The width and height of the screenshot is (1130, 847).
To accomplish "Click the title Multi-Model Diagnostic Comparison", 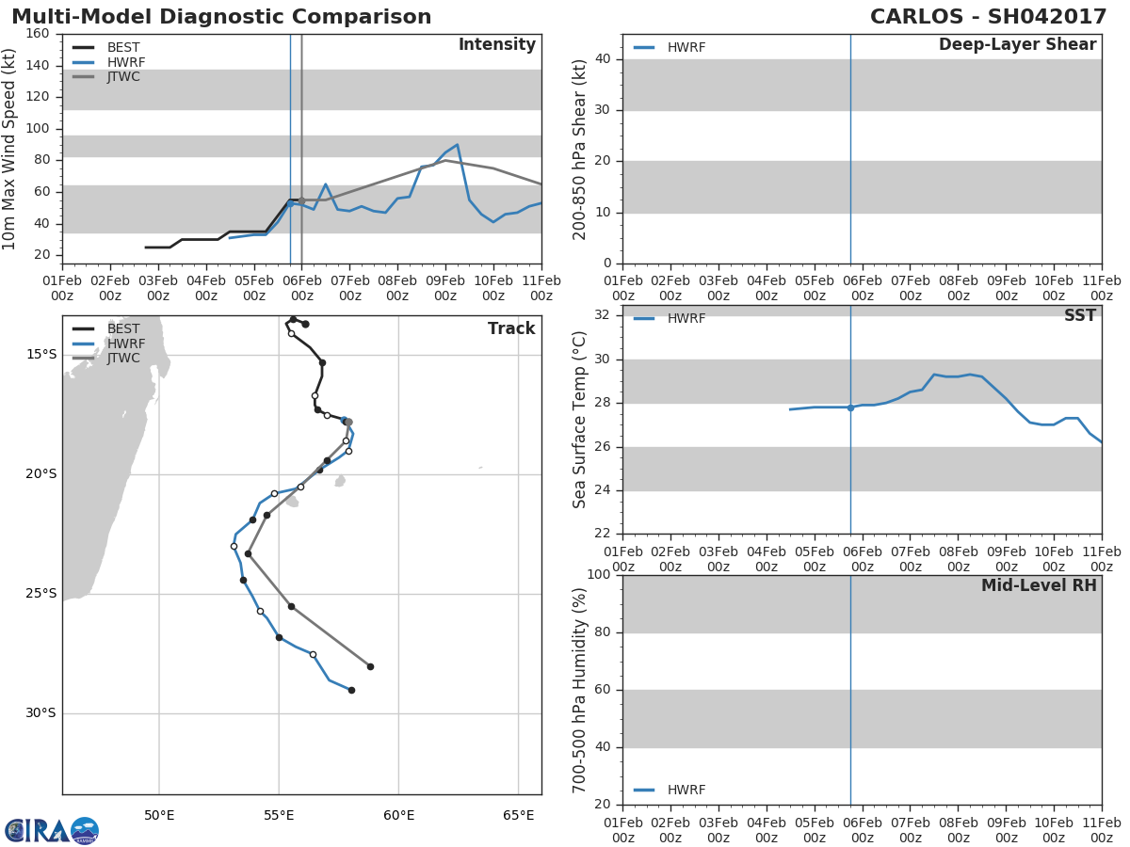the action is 221,17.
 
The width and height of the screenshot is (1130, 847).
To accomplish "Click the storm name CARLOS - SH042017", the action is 988,17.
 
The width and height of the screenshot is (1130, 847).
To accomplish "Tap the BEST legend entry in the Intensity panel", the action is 106,47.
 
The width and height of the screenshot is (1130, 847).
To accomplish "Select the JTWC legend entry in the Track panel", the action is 106,358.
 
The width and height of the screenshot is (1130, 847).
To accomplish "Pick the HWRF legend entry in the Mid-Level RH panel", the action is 670,790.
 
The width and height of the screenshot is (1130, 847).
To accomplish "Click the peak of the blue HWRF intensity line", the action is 457,145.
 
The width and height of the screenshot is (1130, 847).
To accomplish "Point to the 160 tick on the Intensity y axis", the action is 38,34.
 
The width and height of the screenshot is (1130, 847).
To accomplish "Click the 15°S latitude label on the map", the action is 41,355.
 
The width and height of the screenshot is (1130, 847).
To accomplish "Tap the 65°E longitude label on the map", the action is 519,816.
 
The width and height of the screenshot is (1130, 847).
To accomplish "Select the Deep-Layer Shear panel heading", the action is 1017,45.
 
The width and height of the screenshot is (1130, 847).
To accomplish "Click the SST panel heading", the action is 1080,315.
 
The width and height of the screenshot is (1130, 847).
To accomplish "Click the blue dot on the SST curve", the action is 850,408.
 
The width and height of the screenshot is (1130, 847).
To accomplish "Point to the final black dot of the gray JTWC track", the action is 370,667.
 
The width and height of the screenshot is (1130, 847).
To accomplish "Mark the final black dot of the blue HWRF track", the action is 351,690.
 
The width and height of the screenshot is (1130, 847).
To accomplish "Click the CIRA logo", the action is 52,830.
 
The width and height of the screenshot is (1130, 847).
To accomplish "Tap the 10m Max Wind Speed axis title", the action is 8,149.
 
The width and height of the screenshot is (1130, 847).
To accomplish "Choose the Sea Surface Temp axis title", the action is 579,420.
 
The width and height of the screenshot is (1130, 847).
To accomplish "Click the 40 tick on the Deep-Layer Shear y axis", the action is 603,59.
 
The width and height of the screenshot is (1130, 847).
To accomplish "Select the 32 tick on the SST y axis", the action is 603,314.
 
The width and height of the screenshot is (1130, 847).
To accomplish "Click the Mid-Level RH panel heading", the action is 1039,585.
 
